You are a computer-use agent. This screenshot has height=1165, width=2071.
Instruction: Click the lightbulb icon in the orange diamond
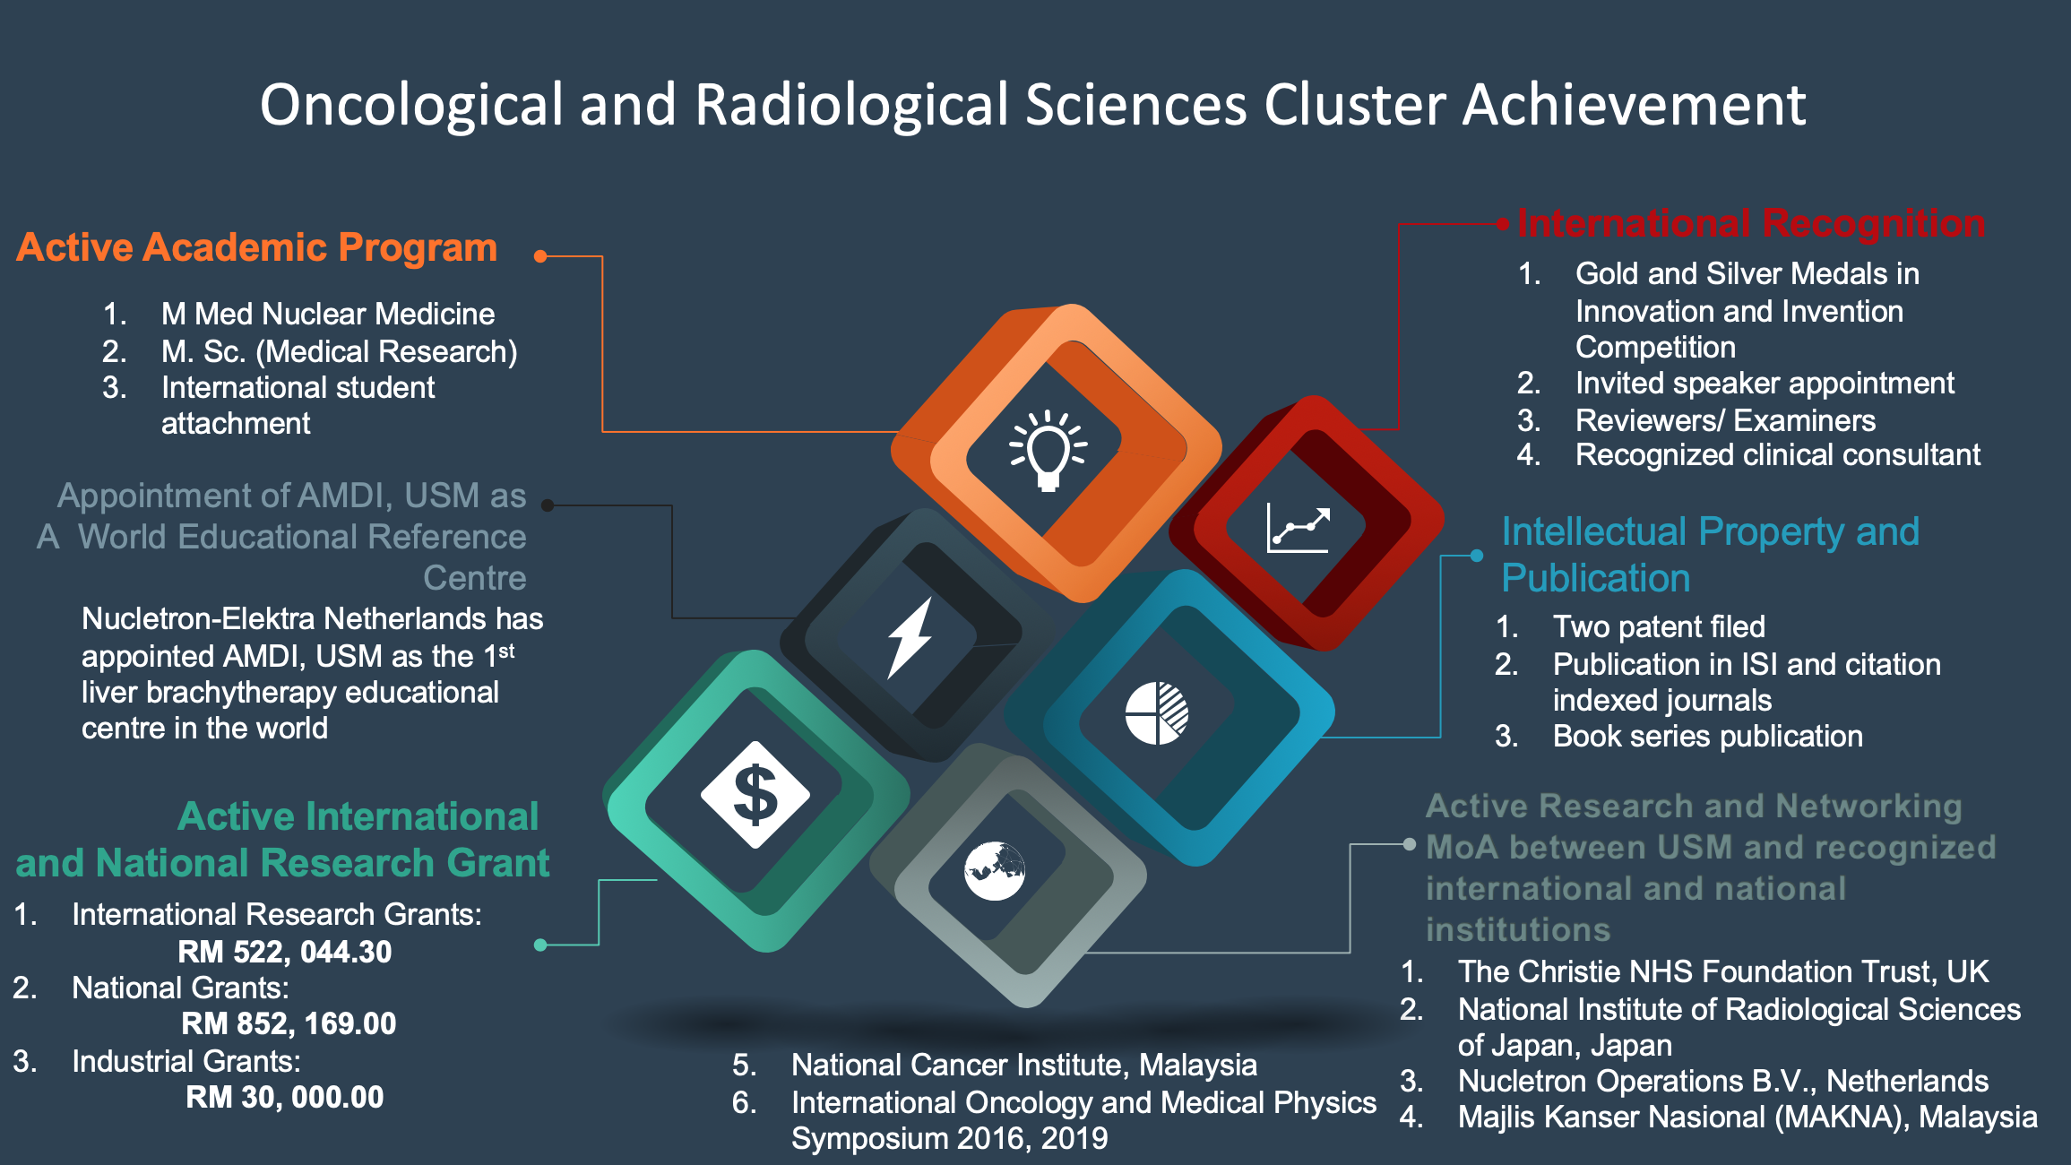(x=1048, y=451)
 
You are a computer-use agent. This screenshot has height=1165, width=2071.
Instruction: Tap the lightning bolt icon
(x=910, y=637)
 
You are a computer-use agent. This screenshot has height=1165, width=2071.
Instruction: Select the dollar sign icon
(x=755, y=795)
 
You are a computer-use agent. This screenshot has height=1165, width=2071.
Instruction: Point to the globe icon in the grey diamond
(x=995, y=871)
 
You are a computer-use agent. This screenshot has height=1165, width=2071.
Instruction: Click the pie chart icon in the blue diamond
(x=1157, y=713)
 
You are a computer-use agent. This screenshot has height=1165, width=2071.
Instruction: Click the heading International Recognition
(x=1751, y=223)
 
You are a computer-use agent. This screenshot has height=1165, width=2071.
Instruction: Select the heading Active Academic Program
(x=257, y=248)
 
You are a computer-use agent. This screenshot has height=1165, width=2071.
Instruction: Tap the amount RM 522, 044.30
(x=285, y=952)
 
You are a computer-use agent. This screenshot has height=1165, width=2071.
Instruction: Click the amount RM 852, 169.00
(x=289, y=1023)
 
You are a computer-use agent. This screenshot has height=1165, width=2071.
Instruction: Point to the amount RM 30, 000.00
(x=285, y=1097)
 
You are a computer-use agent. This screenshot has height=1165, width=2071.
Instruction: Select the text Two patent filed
(x=1659, y=626)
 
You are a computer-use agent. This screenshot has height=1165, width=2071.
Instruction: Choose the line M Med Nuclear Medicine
(x=328, y=314)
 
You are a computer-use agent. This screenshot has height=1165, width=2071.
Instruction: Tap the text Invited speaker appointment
(x=1765, y=384)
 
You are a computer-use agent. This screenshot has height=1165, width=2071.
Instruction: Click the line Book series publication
(x=1708, y=736)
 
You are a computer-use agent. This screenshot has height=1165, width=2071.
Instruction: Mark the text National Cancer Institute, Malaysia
(x=1024, y=1065)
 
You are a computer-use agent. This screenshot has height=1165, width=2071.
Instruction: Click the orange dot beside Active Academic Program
(x=540, y=256)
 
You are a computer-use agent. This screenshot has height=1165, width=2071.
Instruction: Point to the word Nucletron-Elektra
(x=198, y=618)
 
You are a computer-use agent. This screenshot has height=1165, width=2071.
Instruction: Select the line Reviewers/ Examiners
(x=1725, y=420)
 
